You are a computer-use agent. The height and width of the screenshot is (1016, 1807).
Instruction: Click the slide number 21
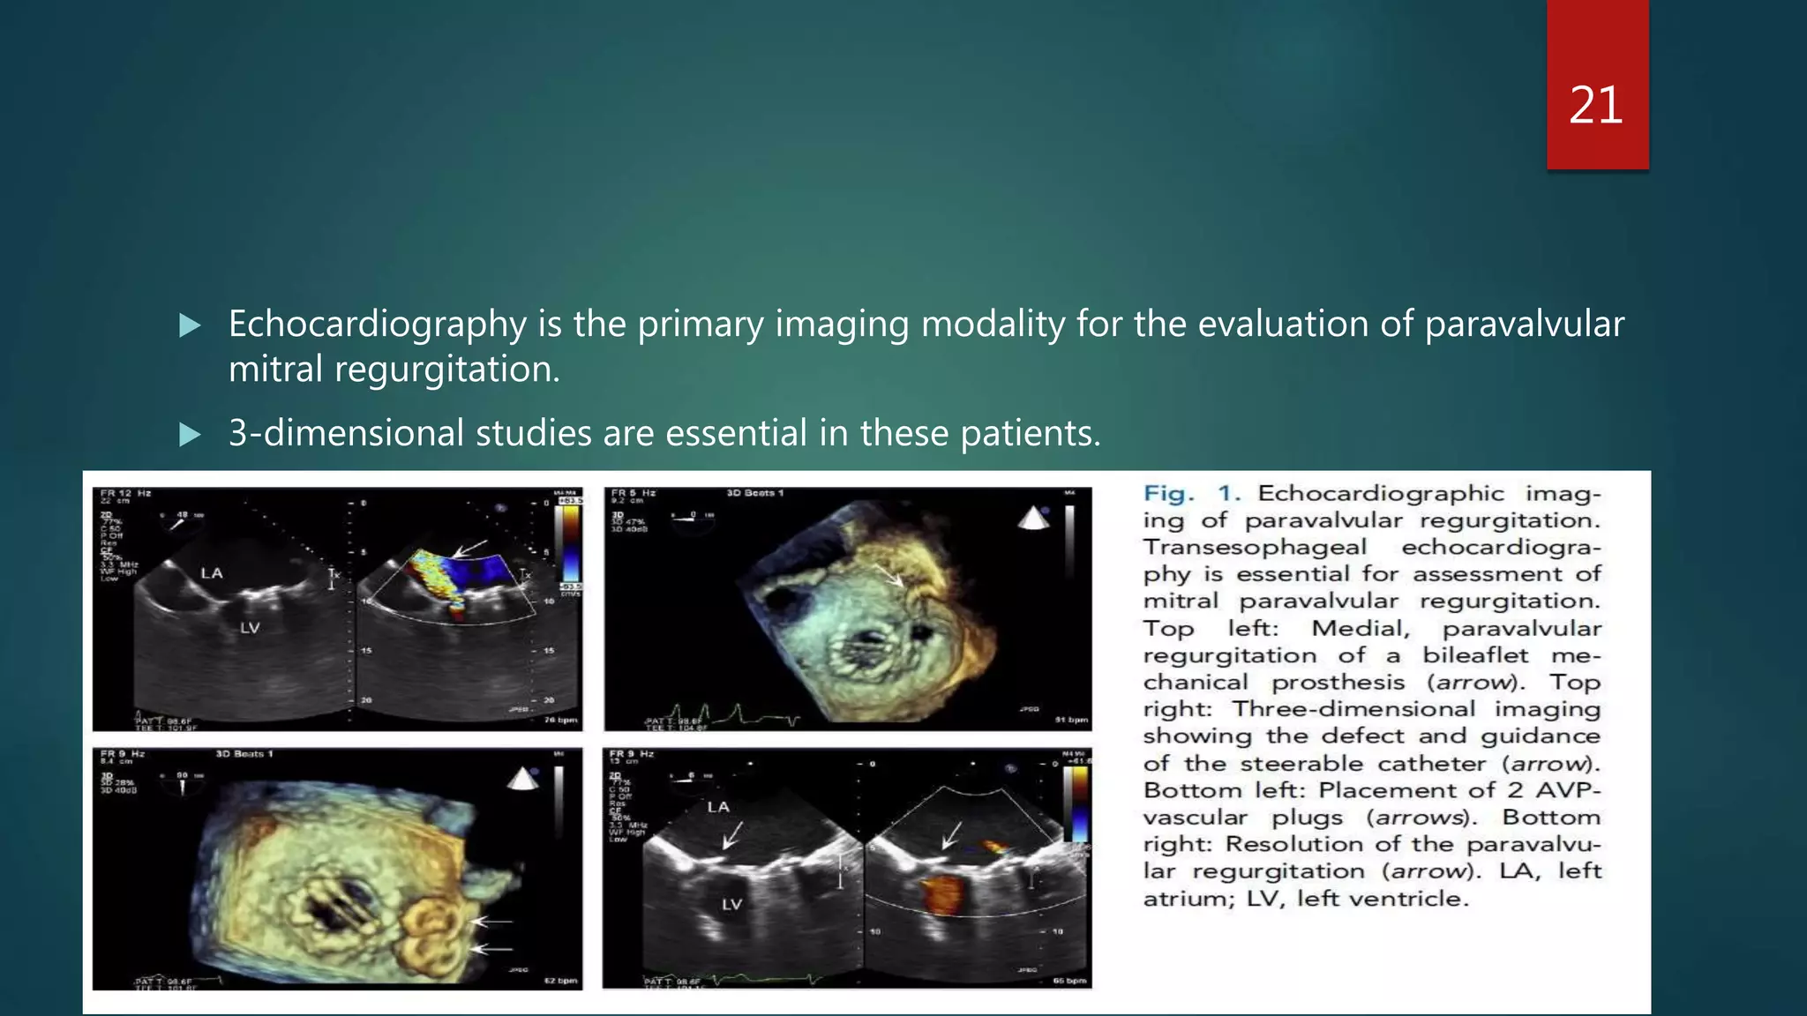click(1596, 106)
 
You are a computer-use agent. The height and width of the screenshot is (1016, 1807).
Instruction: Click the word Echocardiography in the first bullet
click(377, 325)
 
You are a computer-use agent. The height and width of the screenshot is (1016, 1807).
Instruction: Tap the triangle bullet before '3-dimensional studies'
click(190, 435)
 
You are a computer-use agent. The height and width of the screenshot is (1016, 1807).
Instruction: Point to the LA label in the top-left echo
click(212, 573)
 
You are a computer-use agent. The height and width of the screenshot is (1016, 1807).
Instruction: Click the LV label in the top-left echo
click(251, 628)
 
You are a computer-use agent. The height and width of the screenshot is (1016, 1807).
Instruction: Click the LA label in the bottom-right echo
click(718, 807)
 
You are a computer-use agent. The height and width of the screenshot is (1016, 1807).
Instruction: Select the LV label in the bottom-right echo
click(731, 904)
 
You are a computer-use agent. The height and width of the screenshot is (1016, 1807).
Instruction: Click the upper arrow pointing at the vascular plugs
click(493, 922)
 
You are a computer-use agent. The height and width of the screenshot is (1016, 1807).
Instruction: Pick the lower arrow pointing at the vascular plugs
click(493, 949)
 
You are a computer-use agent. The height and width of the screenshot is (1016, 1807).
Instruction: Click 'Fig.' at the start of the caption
click(1168, 494)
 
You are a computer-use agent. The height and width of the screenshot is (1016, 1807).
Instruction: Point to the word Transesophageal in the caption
click(1255, 548)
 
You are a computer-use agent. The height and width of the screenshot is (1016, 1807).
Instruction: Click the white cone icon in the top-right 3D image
click(1033, 519)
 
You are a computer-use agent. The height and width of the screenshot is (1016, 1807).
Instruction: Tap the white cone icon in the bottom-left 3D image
click(522, 779)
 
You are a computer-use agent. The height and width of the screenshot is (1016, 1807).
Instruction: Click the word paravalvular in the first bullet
click(1524, 325)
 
